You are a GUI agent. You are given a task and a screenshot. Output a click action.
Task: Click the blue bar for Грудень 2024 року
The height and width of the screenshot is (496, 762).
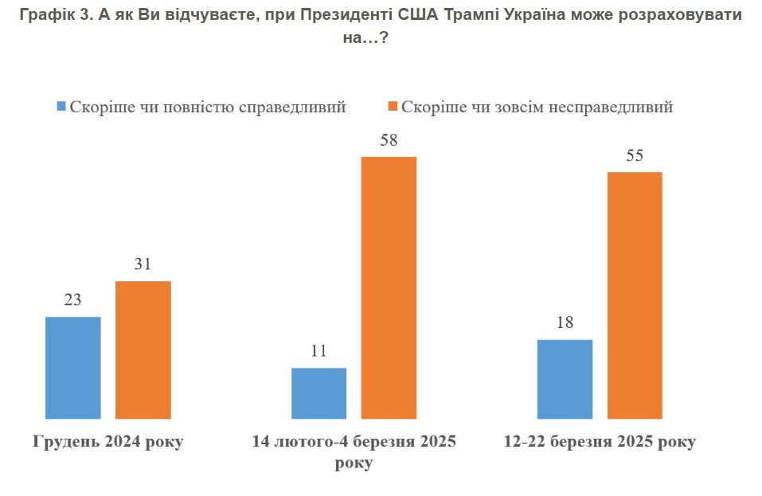click(73, 367)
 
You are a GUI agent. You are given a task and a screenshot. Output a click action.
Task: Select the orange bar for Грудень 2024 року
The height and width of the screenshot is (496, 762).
click(143, 350)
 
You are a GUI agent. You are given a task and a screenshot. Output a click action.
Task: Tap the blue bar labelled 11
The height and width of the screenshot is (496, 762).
click(318, 393)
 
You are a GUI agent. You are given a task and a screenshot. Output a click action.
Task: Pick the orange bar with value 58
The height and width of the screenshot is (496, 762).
click(389, 287)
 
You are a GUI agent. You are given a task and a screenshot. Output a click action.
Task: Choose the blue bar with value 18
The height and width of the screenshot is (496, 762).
click(565, 378)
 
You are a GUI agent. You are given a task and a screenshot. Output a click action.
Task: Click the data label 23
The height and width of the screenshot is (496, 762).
click(72, 300)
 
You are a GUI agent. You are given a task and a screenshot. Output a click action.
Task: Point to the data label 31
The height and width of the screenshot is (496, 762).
click(143, 264)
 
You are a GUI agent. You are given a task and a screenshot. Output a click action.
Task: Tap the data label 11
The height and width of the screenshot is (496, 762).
click(318, 351)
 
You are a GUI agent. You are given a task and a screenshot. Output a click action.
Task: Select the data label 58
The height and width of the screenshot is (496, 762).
click(389, 140)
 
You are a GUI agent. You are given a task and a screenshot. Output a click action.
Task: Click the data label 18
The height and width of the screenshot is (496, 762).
click(565, 323)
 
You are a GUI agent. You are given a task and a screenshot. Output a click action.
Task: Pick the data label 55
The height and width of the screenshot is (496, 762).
click(635, 155)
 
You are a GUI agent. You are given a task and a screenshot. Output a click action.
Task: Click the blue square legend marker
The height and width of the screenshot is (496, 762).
click(61, 107)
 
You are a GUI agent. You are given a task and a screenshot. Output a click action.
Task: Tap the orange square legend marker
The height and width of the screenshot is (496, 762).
click(392, 107)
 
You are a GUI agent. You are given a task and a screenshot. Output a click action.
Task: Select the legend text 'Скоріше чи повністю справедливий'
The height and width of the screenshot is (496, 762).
click(207, 107)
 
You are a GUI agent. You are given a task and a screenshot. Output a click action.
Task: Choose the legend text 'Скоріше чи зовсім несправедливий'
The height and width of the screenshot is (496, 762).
click(537, 107)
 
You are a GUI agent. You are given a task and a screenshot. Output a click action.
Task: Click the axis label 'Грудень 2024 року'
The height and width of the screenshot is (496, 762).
click(107, 442)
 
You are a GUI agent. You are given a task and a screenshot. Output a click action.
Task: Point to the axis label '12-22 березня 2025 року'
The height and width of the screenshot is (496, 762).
click(600, 442)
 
